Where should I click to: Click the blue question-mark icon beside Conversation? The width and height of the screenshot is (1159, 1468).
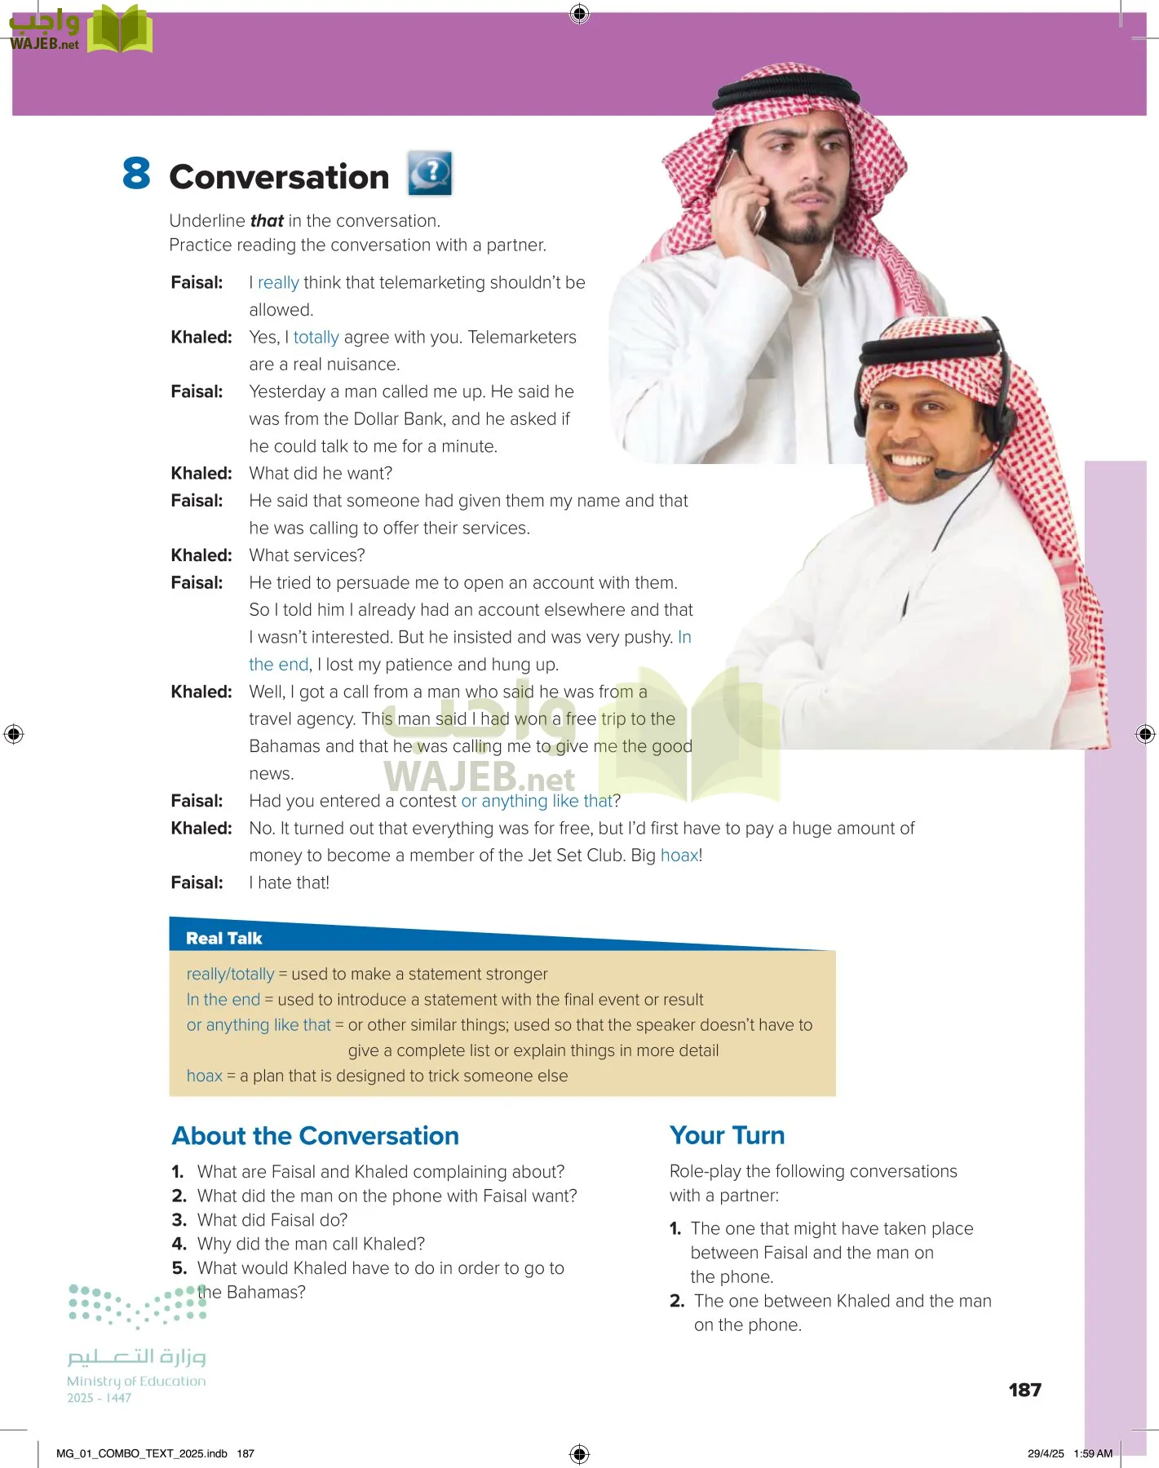click(430, 173)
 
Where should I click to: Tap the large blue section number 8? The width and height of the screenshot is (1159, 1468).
click(136, 174)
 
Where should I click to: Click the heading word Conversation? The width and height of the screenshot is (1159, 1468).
click(279, 177)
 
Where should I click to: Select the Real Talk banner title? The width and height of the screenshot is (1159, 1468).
click(223, 938)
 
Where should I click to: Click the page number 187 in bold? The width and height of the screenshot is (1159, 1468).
click(1024, 1390)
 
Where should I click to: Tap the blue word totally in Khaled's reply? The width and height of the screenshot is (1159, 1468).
click(316, 338)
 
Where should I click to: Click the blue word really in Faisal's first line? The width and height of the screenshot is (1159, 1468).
click(278, 283)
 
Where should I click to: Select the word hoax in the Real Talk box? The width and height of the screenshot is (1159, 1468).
click(204, 1076)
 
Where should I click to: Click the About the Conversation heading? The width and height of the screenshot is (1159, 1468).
click(315, 1136)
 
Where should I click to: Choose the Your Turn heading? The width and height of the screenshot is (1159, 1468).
click(727, 1135)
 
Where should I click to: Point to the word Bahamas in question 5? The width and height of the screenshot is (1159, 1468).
click(266, 1292)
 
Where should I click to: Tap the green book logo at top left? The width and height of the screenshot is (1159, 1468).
click(120, 30)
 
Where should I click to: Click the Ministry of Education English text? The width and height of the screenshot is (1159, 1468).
click(136, 1381)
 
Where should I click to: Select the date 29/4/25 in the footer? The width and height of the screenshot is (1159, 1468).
click(1046, 1453)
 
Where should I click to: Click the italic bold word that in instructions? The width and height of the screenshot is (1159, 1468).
click(267, 221)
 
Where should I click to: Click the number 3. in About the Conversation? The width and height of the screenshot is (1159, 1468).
click(179, 1220)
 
